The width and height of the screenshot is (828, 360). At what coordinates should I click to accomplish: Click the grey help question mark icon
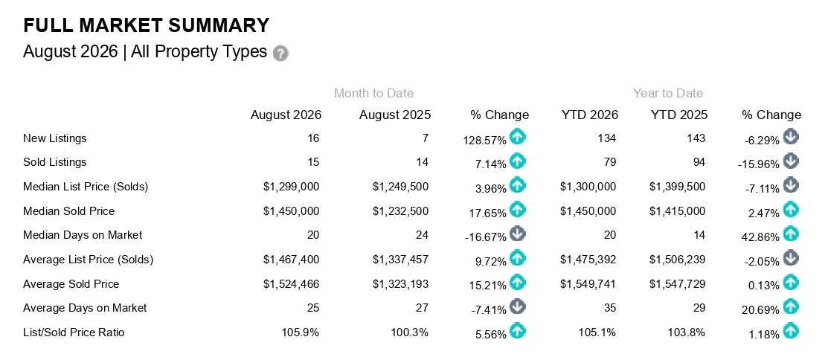280,54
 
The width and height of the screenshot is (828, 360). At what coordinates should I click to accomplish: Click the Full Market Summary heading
147,25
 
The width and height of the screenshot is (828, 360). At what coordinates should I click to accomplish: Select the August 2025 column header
395,115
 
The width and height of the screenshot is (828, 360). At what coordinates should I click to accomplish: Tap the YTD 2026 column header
590,115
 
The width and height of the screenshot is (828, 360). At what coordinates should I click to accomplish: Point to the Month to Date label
374,94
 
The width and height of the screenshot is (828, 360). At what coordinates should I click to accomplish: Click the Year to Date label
668,94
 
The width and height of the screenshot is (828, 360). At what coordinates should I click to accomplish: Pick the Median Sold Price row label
68,211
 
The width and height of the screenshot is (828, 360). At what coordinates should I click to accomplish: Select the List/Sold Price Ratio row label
74,332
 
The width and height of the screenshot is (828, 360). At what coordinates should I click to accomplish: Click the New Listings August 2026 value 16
313,138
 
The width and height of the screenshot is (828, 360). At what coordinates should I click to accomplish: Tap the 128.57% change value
485,140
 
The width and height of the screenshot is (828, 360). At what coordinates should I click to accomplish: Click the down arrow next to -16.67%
518,234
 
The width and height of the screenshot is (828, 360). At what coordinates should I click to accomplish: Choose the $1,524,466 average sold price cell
292,284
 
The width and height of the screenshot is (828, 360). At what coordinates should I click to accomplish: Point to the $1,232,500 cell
401,211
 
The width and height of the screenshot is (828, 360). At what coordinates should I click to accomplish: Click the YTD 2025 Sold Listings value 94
699,162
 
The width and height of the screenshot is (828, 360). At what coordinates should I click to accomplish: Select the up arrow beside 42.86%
791,234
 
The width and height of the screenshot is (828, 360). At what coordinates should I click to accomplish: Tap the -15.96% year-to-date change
758,164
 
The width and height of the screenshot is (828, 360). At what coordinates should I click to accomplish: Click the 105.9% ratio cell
301,332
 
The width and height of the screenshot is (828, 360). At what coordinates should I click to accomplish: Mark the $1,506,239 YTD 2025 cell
678,260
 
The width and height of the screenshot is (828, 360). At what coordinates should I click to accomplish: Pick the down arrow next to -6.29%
791,138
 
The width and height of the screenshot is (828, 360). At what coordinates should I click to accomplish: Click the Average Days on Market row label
85,308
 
